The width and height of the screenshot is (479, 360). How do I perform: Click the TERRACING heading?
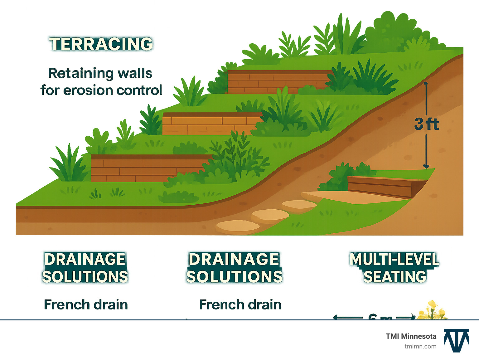point(101,44)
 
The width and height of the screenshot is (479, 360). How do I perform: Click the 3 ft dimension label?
point(426,124)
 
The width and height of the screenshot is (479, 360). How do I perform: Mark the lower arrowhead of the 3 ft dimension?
point(426,167)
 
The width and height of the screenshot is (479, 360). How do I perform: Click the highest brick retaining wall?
point(278,82)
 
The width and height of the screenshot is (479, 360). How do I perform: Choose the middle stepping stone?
point(270,215)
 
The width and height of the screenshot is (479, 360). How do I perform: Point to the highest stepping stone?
point(299,205)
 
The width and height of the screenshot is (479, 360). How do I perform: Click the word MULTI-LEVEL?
point(394,260)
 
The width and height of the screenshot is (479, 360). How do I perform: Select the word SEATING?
point(395,277)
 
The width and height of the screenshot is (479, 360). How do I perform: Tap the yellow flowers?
point(432,311)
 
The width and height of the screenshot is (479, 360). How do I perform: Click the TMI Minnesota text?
point(411,336)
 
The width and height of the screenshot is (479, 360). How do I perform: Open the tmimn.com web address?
point(420,346)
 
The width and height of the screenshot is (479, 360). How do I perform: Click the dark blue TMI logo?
point(457,340)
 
